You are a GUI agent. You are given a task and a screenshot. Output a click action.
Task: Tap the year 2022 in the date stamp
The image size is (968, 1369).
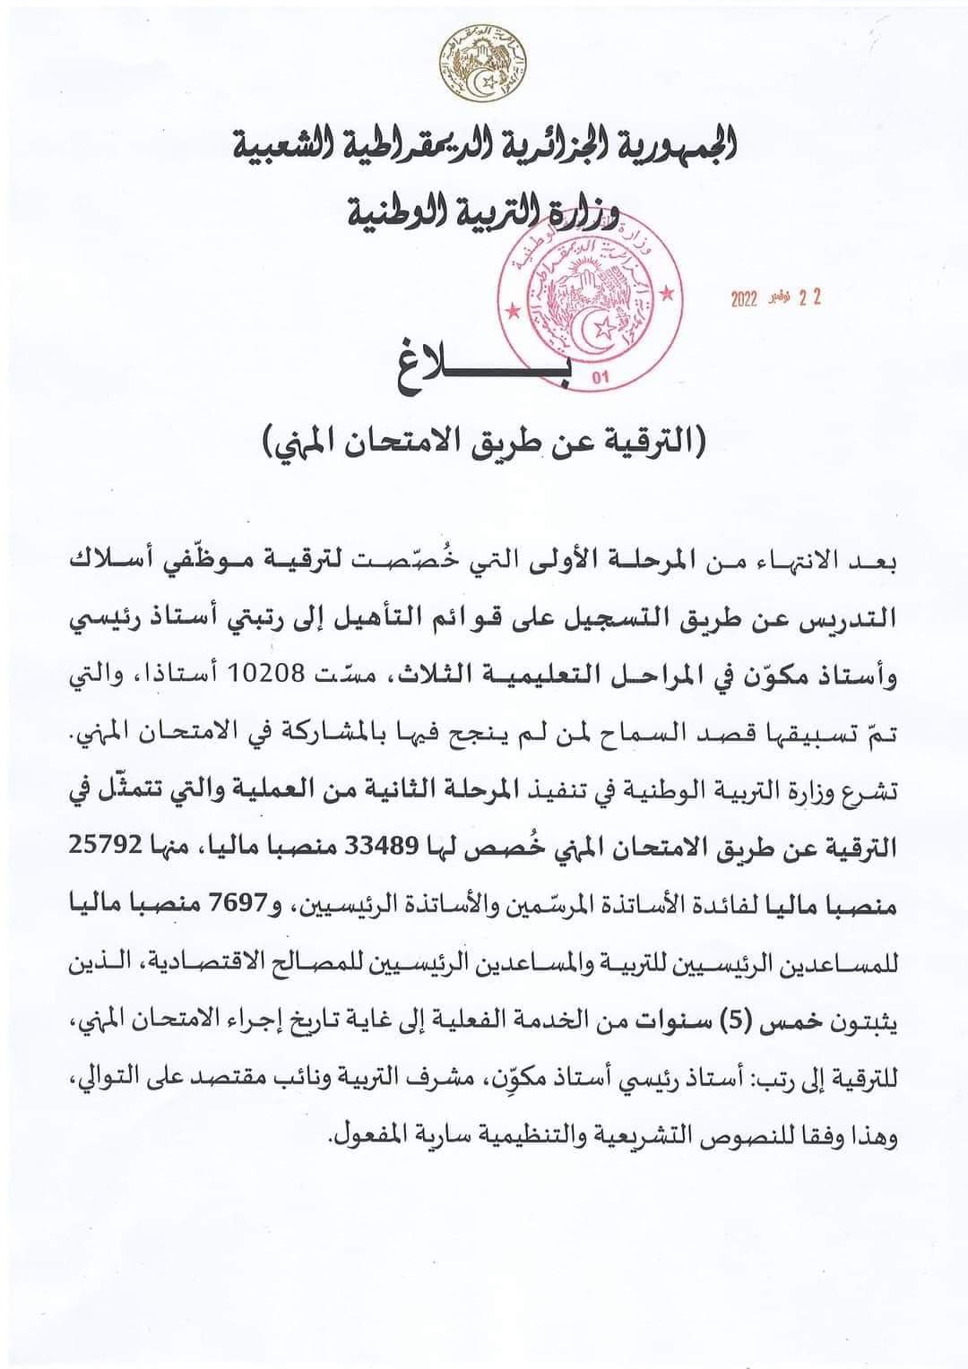(x=744, y=300)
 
